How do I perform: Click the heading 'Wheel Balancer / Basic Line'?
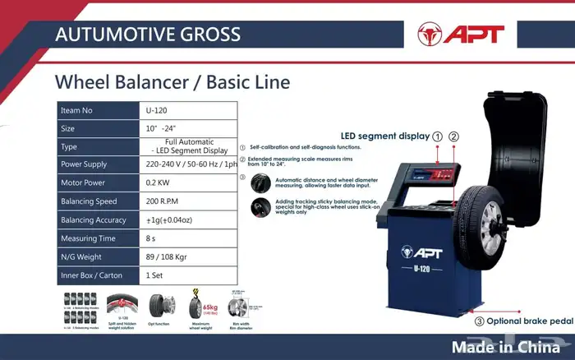pos(172,83)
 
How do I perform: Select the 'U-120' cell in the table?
pos(158,109)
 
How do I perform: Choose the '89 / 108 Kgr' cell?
pos(168,257)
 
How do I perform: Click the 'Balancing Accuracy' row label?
pos(94,220)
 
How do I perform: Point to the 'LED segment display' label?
pos(385,136)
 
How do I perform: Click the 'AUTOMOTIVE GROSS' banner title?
pos(147,35)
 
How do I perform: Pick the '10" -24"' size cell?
pos(161,128)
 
